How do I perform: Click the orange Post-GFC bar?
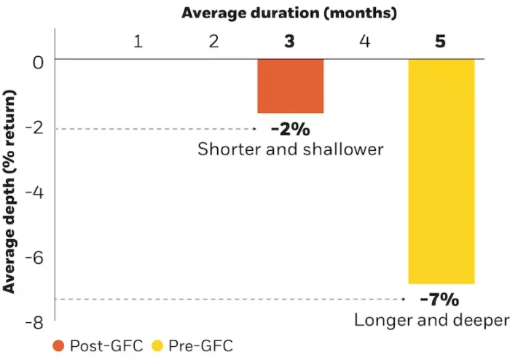(x=290, y=86)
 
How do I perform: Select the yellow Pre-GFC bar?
(x=441, y=171)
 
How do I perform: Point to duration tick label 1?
(x=138, y=42)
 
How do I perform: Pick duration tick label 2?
(x=213, y=42)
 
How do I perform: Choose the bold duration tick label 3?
(x=289, y=42)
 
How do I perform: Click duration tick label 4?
(x=365, y=42)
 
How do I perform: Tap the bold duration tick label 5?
(x=441, y=42)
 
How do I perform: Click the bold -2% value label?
(x=290, y=130)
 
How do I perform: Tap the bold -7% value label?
(x=439, y=300)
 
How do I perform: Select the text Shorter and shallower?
(x=290, y=150)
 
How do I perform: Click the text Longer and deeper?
(x=431, y=320)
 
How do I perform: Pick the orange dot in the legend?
(x=59, y=345)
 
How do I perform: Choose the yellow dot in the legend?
(x=156, y=345)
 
